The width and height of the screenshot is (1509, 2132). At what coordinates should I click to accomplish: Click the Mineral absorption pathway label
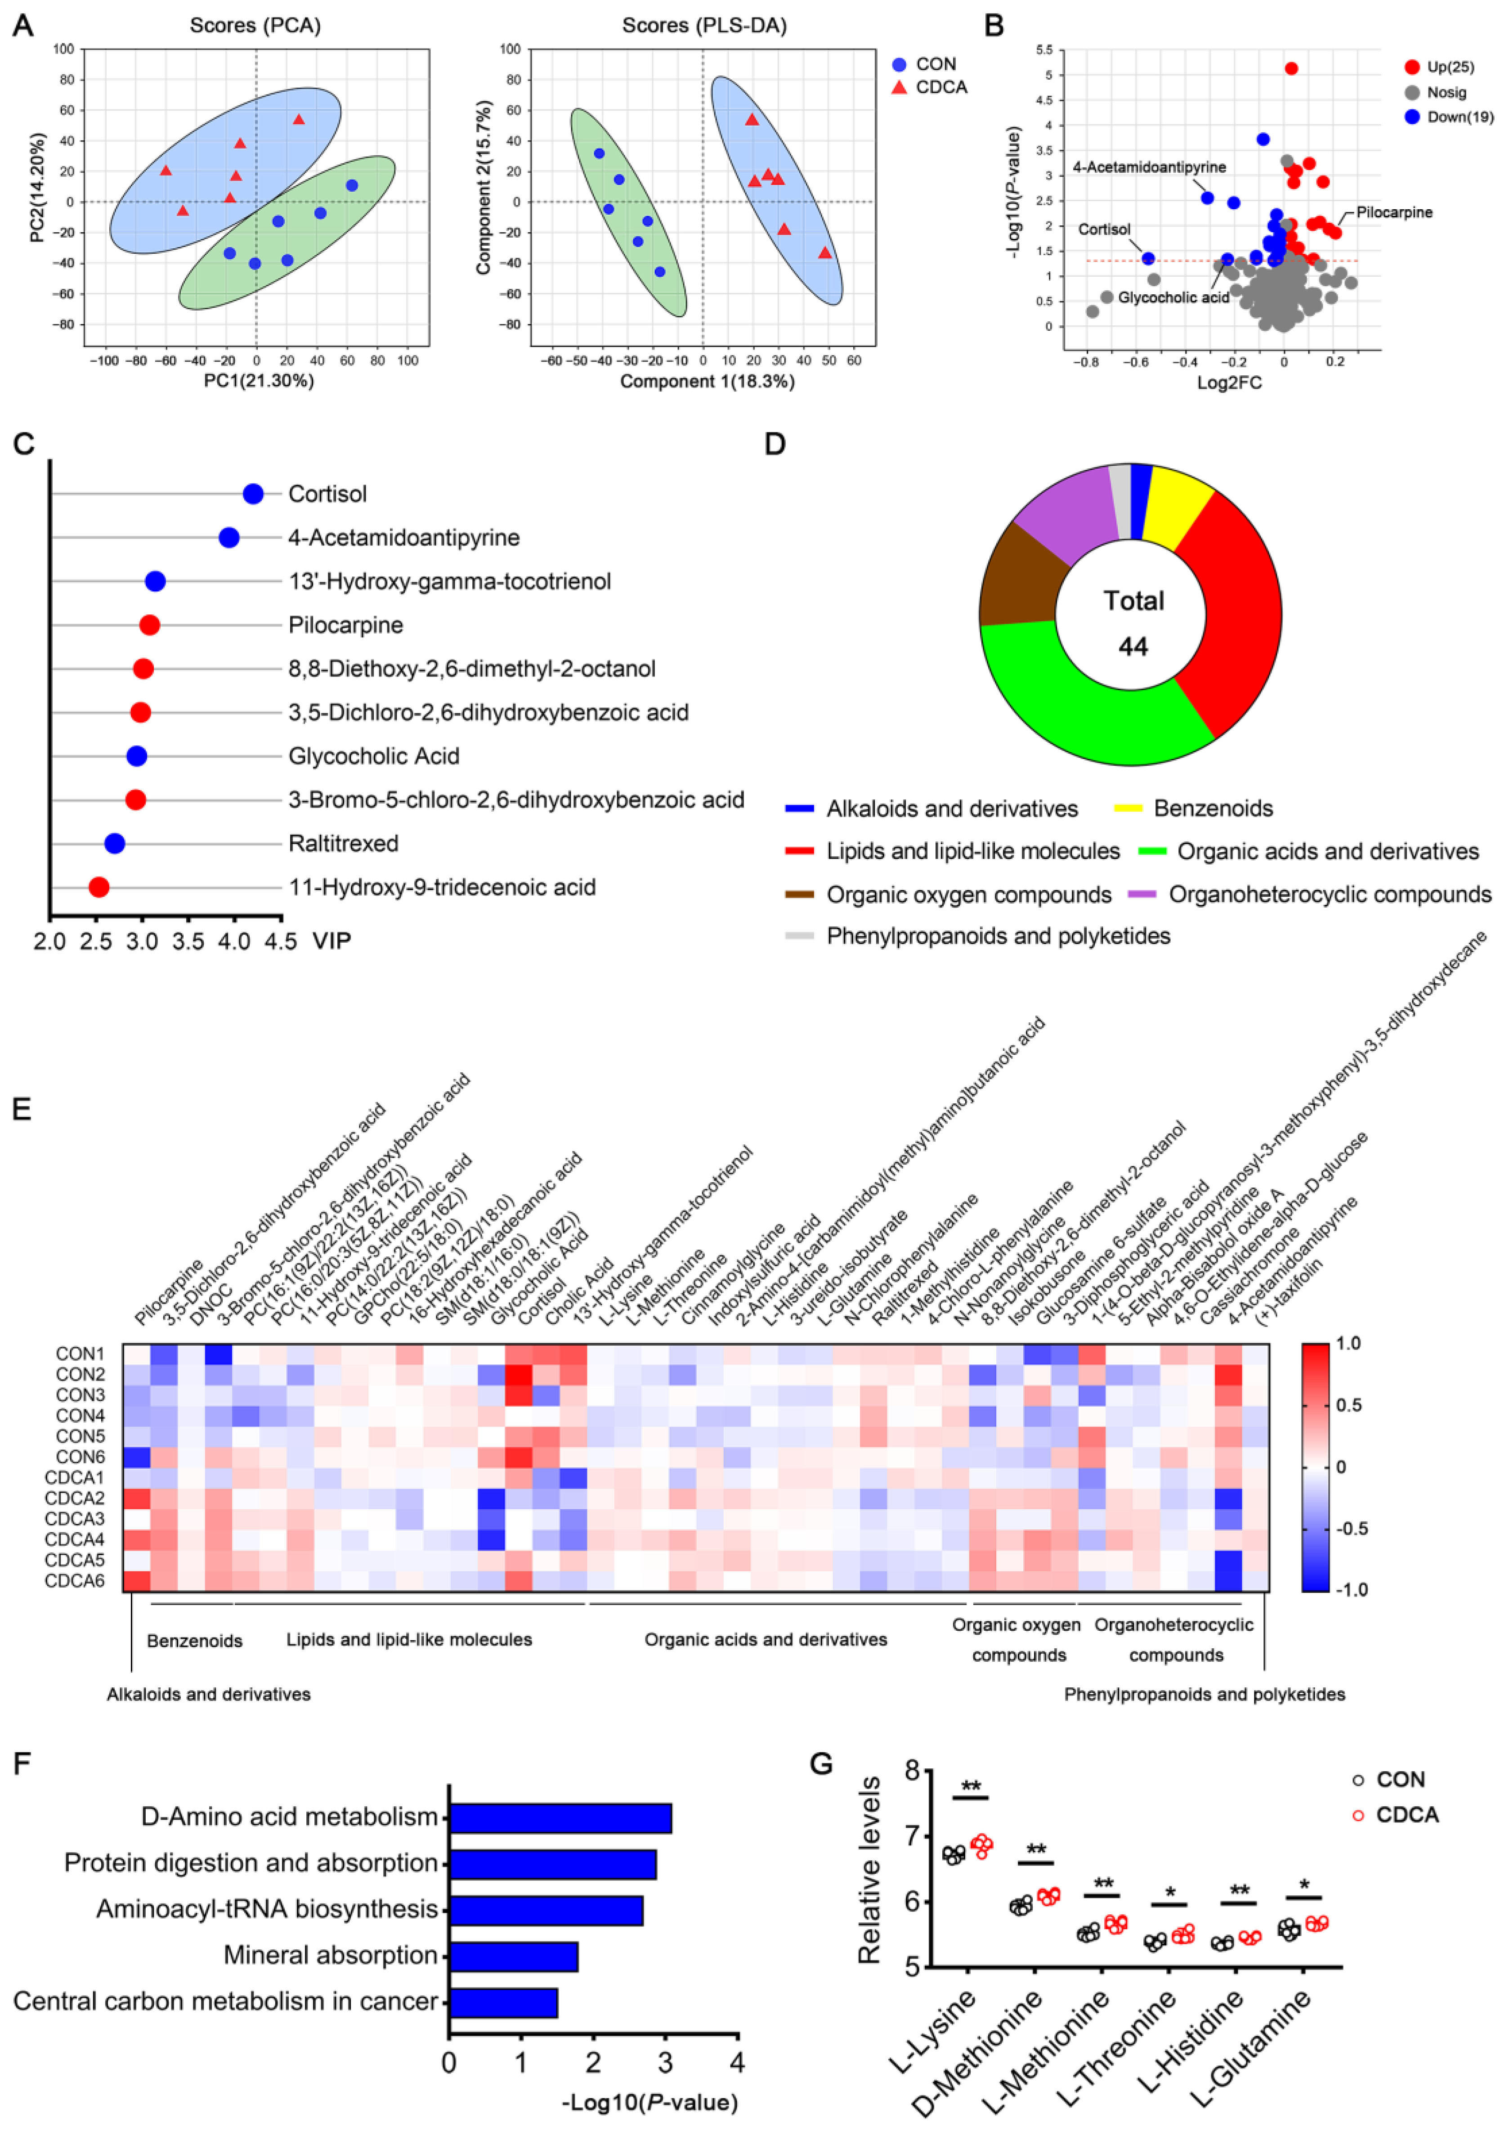[330, 1956]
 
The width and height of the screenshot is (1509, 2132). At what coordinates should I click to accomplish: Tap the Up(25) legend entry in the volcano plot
[1450, 67]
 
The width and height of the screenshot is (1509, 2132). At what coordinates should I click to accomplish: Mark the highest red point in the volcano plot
[1291, 69]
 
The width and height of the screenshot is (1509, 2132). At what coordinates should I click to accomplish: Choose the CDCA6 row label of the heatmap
[74, 1580]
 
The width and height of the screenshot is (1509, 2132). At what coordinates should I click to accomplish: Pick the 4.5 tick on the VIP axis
[280, 941]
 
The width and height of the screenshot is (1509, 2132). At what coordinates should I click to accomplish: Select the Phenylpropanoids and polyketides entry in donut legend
[998, 936]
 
